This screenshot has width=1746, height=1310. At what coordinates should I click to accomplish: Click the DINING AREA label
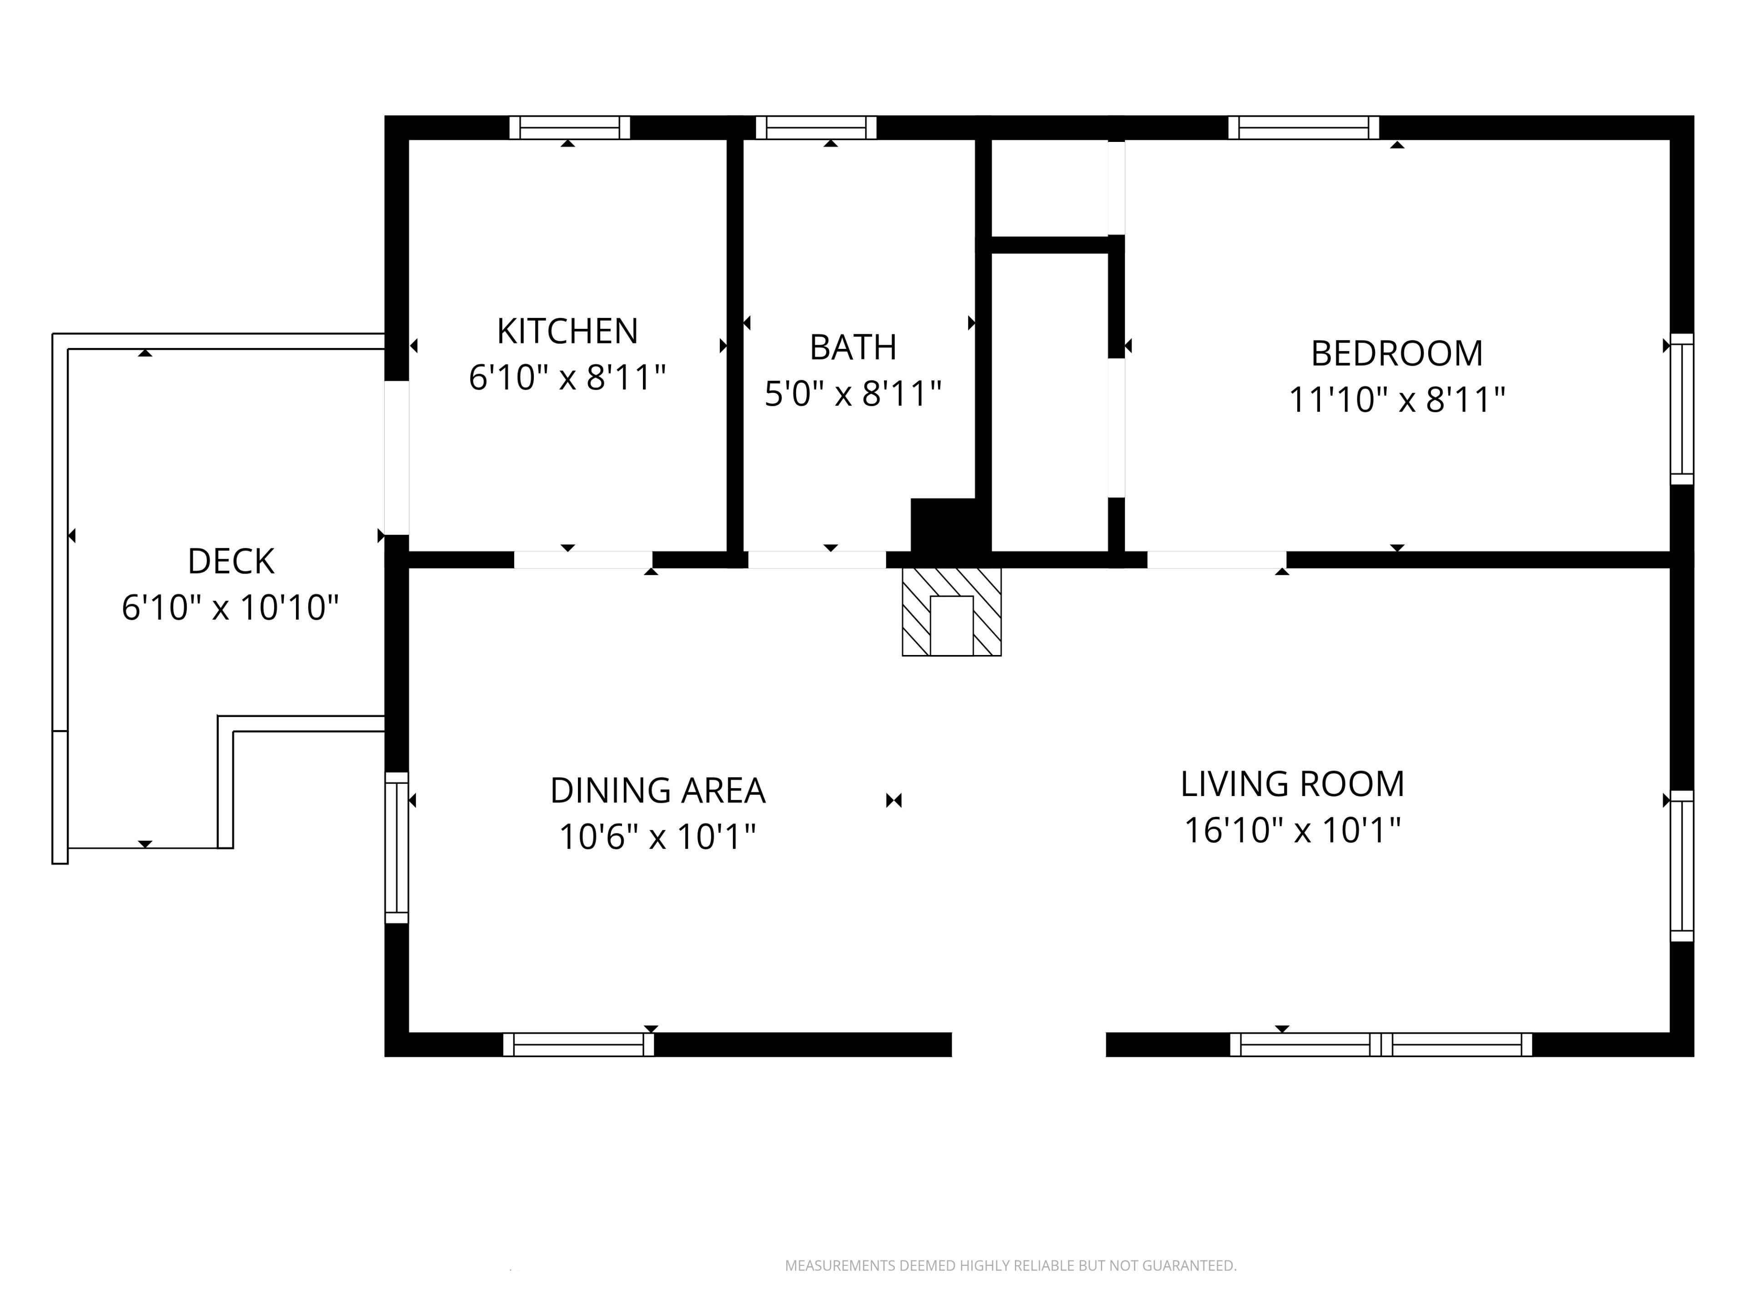tap(657, 791)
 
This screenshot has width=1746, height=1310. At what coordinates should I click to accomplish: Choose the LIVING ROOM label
tap(1292, 784)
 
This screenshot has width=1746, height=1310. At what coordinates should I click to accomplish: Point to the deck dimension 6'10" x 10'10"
tap(231, 608)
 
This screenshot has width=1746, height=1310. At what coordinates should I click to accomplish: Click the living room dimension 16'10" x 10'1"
tap(1292, 830)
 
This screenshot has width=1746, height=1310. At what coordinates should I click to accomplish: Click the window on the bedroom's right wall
tap(1682, 409)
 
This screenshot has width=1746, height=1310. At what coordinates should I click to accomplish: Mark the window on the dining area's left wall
tap(396, 847)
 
